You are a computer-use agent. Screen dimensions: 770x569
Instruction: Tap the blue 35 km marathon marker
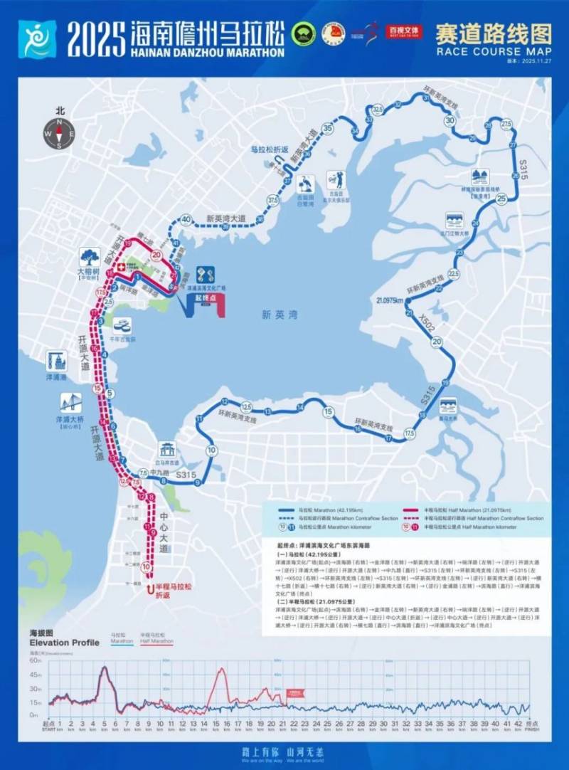327,128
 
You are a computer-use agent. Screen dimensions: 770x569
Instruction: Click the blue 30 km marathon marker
450,121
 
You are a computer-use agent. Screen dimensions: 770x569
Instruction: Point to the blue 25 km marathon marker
502,199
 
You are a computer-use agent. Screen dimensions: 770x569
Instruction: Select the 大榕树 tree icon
90,256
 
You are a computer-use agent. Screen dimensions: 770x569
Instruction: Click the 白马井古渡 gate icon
168,449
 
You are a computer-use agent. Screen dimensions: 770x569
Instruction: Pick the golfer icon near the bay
335,179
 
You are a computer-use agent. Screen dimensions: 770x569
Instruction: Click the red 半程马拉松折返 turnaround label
172,591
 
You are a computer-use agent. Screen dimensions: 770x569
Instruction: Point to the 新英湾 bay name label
277,315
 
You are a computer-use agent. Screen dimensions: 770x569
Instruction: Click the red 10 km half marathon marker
146,567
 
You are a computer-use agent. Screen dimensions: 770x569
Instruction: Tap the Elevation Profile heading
65,642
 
